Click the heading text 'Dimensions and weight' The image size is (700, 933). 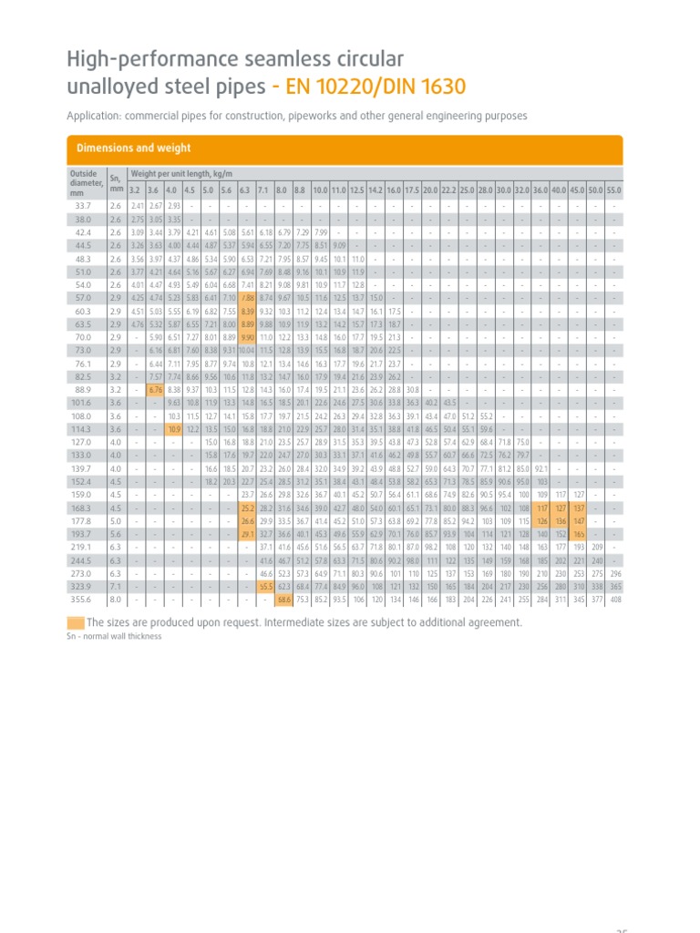133,149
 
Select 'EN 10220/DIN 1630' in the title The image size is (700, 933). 376,87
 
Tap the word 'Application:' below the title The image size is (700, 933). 93,116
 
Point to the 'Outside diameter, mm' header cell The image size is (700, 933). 84,181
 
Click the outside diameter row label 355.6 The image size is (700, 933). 83,600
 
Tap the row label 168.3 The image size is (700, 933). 83,508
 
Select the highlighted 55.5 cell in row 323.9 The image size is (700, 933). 266,587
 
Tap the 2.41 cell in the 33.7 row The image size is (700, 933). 136,206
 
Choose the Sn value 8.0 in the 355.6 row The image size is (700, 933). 115,600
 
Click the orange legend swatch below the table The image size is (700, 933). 76,622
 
